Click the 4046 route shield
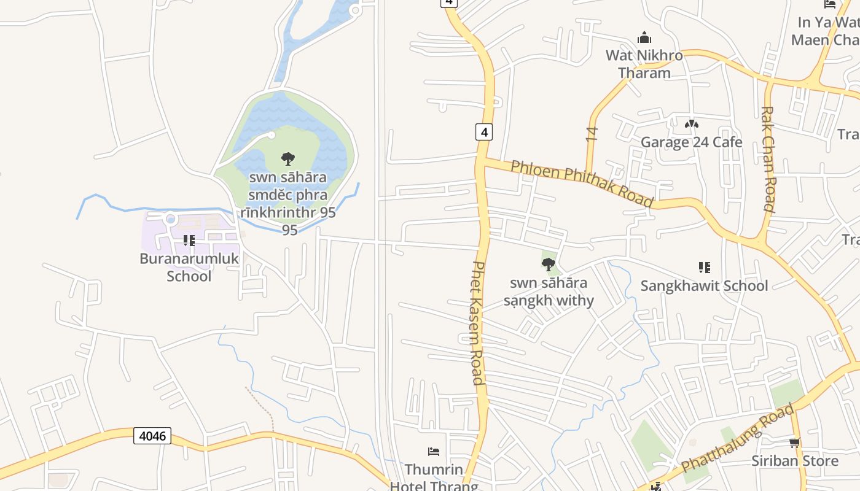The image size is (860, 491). pos(152,436)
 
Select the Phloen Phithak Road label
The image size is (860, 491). pos(581,184)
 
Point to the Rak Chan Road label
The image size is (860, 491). pos(768,159)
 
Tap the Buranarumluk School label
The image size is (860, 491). pos(189,267)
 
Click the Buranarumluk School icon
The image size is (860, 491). pos(189,241)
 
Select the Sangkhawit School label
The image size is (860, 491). pos(704,285)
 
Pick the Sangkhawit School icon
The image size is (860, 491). pos(704,267)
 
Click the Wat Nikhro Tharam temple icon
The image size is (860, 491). pos(644,37)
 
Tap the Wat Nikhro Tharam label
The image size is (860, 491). pos(644,64)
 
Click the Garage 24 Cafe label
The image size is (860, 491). pos(691,142)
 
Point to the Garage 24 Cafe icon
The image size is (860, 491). pos(691,124)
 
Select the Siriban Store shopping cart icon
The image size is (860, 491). pos(794,443)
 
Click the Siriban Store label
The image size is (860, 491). pos(794,461)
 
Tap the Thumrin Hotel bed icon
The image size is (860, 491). pos(434,452)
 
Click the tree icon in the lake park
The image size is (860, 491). pos(287,160)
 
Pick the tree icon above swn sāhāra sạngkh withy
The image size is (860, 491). pos(549,265)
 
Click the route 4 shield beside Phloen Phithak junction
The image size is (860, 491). pos(484,132)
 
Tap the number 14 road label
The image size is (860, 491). pos(592,134)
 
